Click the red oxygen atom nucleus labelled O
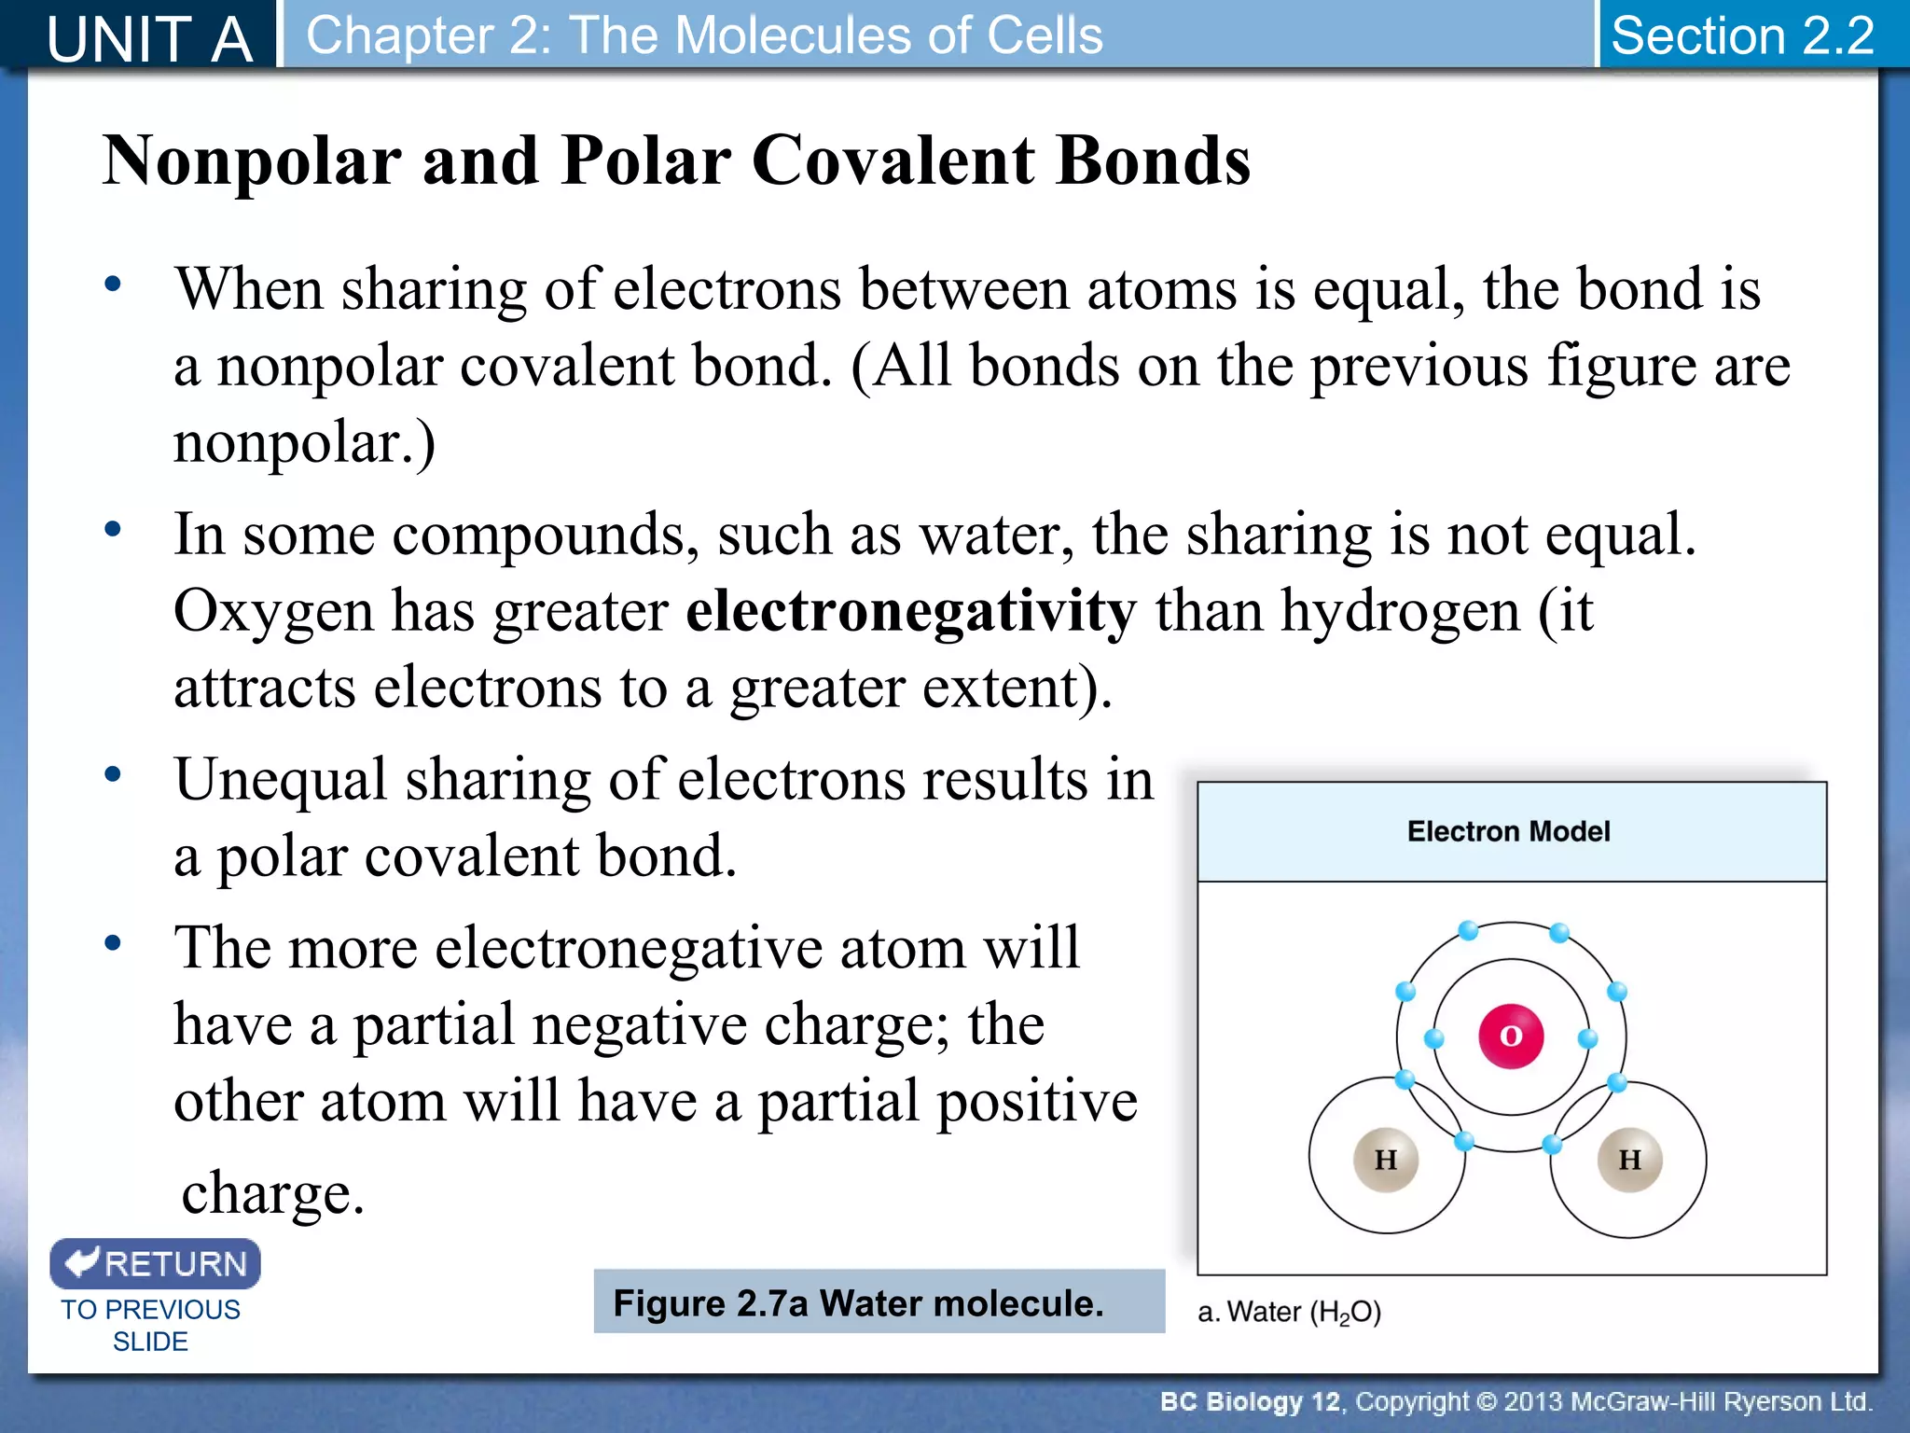[1511, 1036]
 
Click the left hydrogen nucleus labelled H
[1386, 1160]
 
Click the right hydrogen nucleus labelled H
[1629, 1160]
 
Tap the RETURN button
[156, 1264]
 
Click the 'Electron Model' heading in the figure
[1508, 831]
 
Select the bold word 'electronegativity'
[911, 612]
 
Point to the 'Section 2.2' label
[1742, 35]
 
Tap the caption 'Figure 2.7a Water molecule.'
[858, 1303]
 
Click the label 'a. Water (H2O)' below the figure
[1289, 1313]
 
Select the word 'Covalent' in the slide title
[893, 160]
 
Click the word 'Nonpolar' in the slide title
[252, 160]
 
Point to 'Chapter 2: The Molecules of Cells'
[704, 35]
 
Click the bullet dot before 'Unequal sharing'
[113, 774]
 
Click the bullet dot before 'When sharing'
[113, 284]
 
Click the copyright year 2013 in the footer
[1534, 1401]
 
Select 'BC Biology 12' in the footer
[1249, 1401]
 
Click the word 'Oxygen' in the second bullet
[273, 612]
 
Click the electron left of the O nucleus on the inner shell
[1434, 1038]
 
